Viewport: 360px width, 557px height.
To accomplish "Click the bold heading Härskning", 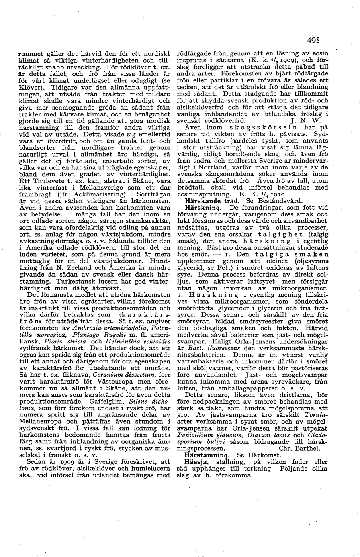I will tap(203, 208).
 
